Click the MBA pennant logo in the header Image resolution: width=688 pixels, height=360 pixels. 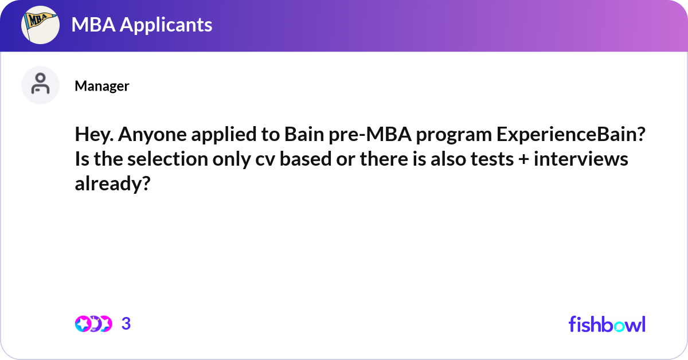point(41,25)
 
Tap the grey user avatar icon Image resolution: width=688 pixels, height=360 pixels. point(40,85)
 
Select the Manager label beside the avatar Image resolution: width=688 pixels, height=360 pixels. point(101,86)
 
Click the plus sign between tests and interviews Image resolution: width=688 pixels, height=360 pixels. point(526,159)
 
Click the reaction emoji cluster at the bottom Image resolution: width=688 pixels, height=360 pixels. point(93,324)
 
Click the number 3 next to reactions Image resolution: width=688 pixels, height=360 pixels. point(126,324)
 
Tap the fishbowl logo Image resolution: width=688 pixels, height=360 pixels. point(607,324)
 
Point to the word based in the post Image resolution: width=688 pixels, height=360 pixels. point(307,159)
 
